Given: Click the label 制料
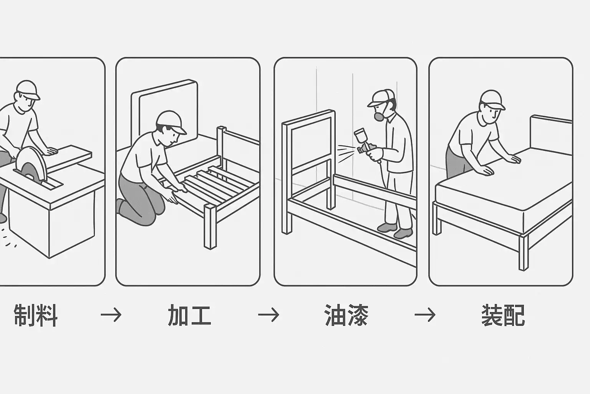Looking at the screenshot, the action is (x=35, y=316).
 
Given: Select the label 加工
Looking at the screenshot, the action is (x=189, y=316).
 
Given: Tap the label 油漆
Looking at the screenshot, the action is (x=346, y=316).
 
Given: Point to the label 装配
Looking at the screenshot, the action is (x=503, y=316).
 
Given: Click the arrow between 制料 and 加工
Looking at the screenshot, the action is (x=111, y=315).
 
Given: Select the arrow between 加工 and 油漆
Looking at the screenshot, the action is (x=268, y=315).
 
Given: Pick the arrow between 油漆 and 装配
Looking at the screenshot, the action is (x=425, y=315).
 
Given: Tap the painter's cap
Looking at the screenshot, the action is (x=381, y=98).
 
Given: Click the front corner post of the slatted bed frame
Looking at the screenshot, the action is (x=210, y=227).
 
